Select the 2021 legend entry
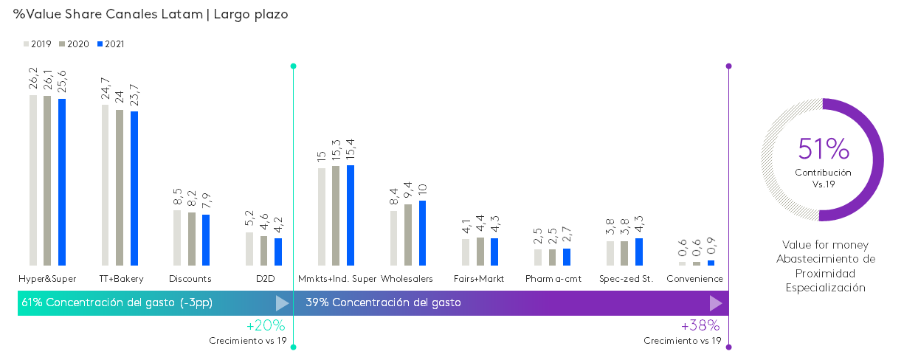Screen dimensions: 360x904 [x=111, y=44]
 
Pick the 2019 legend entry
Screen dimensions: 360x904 [x=38, y=44]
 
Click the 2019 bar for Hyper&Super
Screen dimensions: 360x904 [x=33, y=180]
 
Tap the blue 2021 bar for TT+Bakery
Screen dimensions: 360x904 [x=134, y=188]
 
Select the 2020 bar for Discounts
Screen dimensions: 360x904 [x=192, y=239]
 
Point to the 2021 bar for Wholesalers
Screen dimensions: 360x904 [x=423, y=232]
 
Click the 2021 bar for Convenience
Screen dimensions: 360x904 [x=711, y=263]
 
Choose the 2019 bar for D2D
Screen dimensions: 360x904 [x=249, y=249]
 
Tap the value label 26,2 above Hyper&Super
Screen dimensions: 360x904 [x=33, y=80]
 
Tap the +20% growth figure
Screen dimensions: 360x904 [x=265, y=325]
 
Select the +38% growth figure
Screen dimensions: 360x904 [x=700, y=325]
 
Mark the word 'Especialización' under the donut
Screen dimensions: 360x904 [x=825, y=288]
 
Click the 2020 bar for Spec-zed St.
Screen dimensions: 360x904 [x=624, y=253]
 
